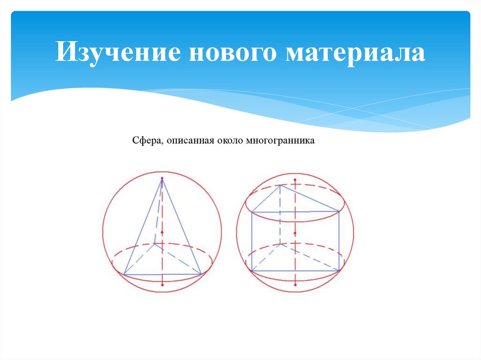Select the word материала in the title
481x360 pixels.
357,53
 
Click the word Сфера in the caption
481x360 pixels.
147,140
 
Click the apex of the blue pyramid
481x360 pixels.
162,178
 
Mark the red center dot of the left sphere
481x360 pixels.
162,232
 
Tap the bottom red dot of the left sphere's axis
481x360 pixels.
162,284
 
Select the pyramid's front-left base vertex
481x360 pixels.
124,274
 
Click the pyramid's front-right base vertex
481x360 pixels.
201,274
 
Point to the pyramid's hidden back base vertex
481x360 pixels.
155,244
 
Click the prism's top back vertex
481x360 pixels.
280,185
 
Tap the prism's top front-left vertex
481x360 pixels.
252,212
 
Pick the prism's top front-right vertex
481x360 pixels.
340,212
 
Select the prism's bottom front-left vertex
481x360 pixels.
252,271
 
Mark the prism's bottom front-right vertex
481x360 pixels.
340,271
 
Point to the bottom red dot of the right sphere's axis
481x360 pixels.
295,284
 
